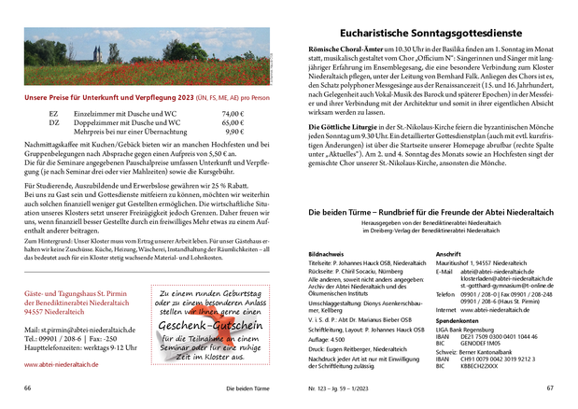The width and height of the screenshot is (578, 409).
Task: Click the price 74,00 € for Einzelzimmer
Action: pos(233,114)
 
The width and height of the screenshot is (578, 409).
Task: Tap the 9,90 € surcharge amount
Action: pos(234,132)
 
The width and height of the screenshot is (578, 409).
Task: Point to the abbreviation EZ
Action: pos(53,114)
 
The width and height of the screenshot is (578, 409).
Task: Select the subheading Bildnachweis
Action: pos(326,254)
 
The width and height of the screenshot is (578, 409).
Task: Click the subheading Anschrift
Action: pos(449,254)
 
